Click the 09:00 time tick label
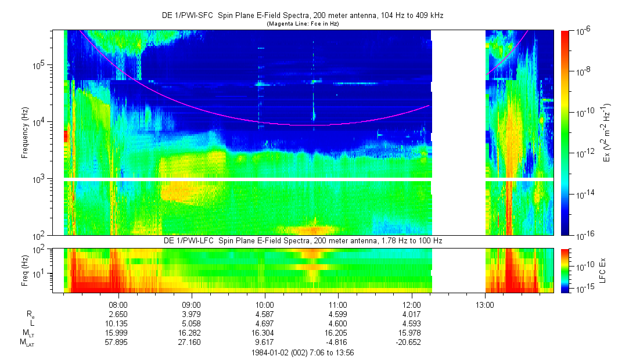pos(192,303)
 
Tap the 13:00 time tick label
pos(485,303)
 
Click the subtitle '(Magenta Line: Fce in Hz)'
pos(303,24)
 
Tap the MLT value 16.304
pos(265,333)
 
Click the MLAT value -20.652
pos(411,342)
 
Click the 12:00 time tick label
pos(411,303)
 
